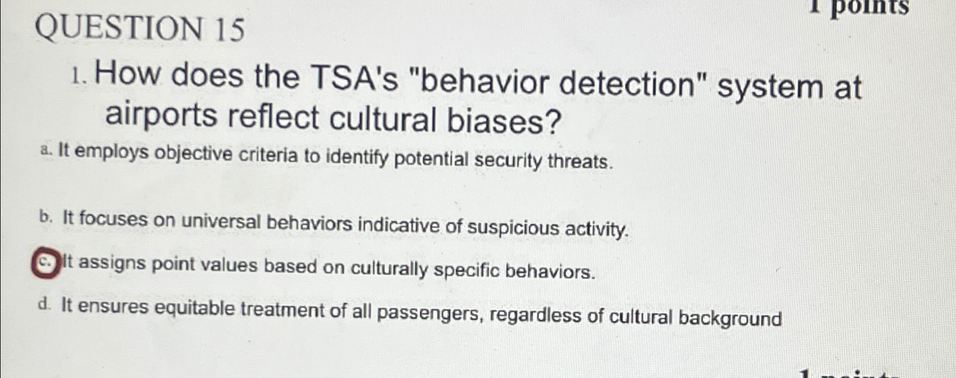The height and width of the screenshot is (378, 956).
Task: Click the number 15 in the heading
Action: pyautogui.click(x=229, y=30)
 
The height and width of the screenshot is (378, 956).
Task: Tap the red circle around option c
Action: pyautogui.click(x=45, y=265)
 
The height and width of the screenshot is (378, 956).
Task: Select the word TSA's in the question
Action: pyautogui.click(x=351, y=79)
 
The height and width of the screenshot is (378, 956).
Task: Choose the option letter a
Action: pyautogui.click(x=47, y=151)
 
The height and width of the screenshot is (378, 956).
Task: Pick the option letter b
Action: pyautogui.click(x=46, y=217)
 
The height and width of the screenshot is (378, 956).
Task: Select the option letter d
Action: pyautogui.click(x=44, y=305)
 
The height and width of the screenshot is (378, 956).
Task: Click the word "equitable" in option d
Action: pyautogui.click(x=194, y=309)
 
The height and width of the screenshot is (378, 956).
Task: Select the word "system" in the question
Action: pyautogui.click(x=769, y=87)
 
